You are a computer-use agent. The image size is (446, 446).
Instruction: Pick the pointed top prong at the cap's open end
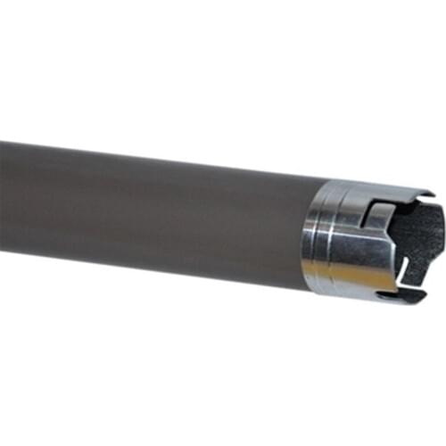[x=426, y=194]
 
